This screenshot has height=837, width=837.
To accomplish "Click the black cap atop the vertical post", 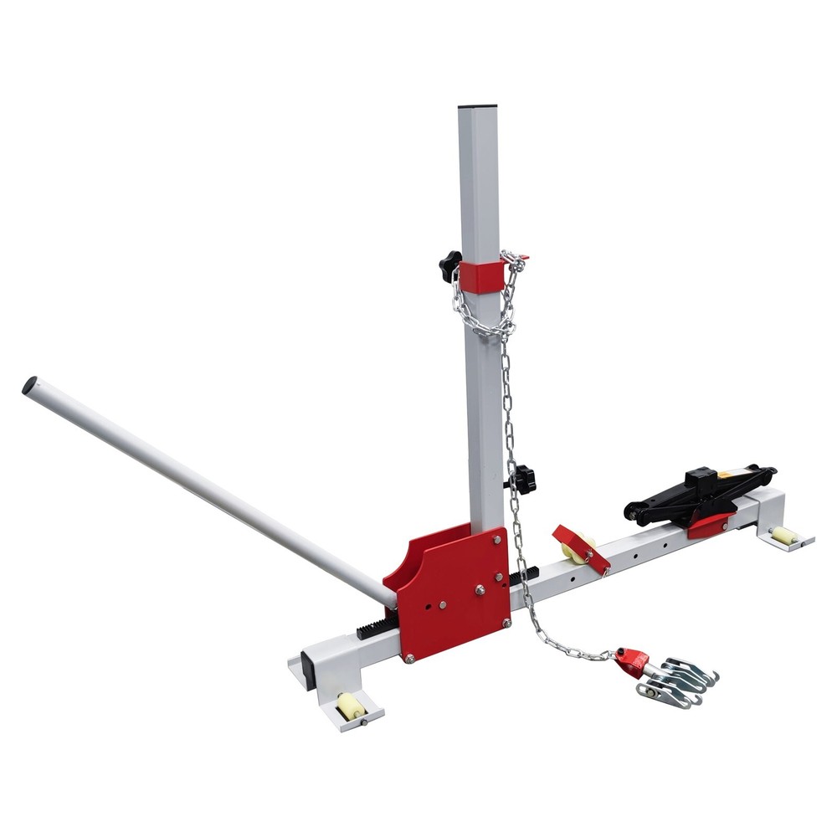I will [x=477, y=107].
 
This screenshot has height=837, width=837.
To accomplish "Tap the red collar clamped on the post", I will [x=481, y=275].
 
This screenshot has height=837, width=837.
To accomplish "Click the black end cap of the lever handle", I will [x=29, y=386].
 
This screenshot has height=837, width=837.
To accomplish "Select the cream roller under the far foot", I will [x=783, y=536].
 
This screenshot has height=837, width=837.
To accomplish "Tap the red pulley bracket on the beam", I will [x=583, y=549].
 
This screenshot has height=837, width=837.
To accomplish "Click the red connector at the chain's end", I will [x=632, y=662].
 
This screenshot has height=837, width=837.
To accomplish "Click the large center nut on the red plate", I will [x=480, y=590].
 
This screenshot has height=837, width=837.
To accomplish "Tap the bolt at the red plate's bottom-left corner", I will [x=409, y=659].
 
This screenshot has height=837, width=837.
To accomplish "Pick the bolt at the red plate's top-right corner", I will [x=497, y=541].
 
